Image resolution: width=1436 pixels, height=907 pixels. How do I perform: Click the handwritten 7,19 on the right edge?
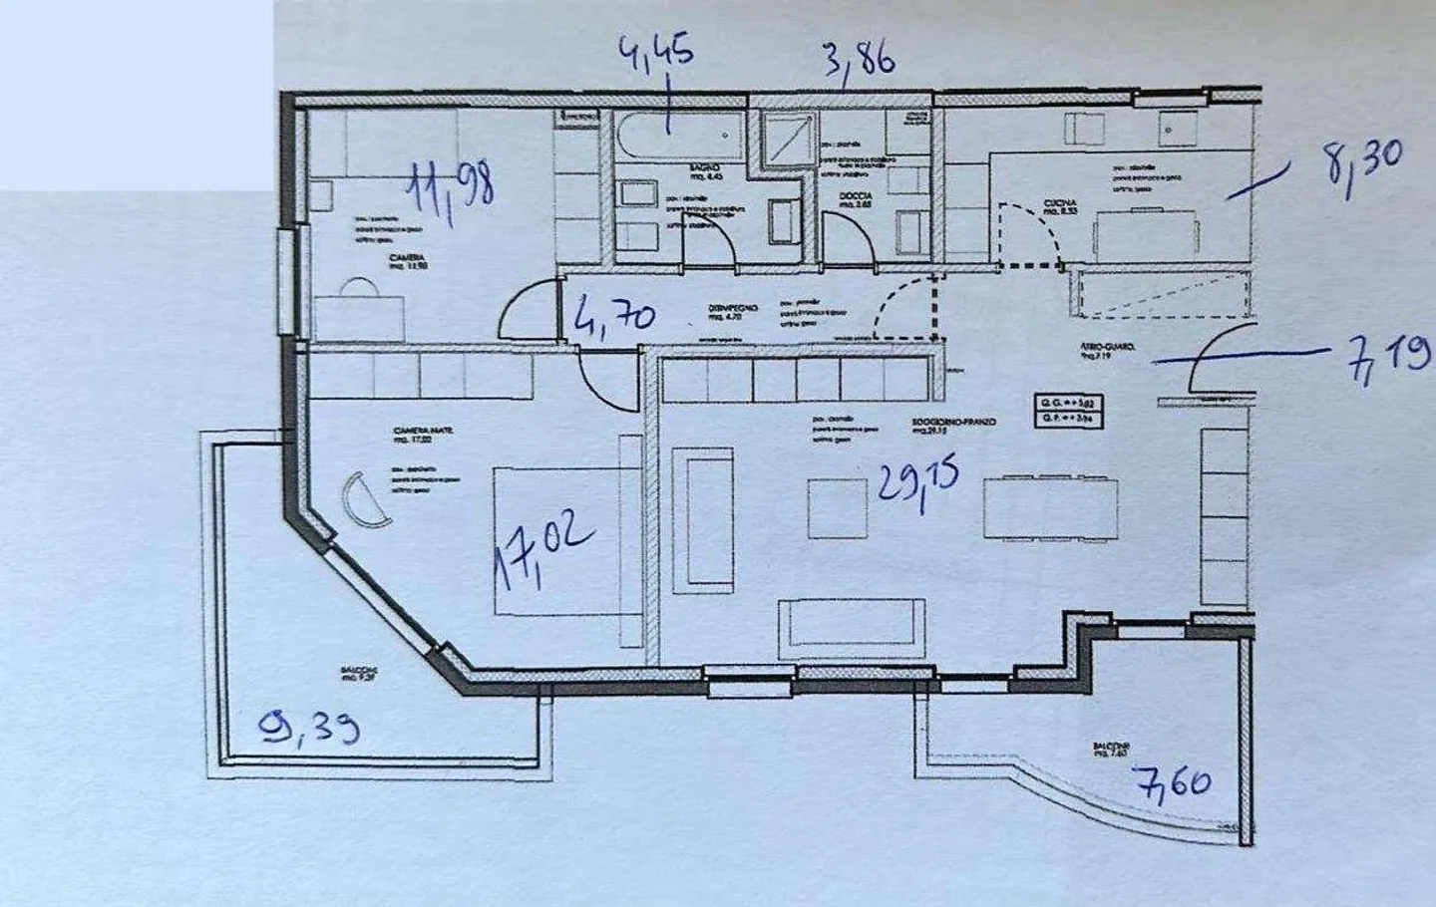[1390, 355]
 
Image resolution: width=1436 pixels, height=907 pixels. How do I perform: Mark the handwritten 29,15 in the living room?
[918, 482]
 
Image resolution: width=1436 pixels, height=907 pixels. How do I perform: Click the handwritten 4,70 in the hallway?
[615, 316]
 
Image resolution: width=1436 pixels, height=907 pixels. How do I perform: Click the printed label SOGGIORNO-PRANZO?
[953, 423]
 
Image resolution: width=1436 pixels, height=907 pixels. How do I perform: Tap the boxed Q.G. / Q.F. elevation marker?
[1070, 411]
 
